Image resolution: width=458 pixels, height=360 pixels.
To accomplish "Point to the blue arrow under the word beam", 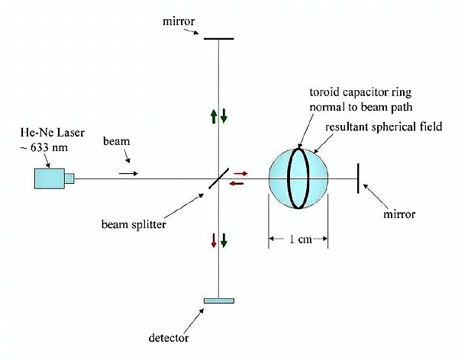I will click(128, 173).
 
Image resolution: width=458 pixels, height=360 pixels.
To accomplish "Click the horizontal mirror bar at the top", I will click(219, 38).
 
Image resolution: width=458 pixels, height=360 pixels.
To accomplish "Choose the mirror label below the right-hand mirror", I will click(399, 215).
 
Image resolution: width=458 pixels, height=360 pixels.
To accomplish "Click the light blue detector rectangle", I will click(219, 301).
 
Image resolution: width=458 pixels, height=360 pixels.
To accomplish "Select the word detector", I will click(169, 336).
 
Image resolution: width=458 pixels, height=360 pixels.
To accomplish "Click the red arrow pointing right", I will click(240, 174).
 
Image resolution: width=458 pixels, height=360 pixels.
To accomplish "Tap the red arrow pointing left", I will click(238, 183).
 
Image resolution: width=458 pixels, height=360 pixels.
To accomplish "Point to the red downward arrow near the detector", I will click(214, 241).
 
